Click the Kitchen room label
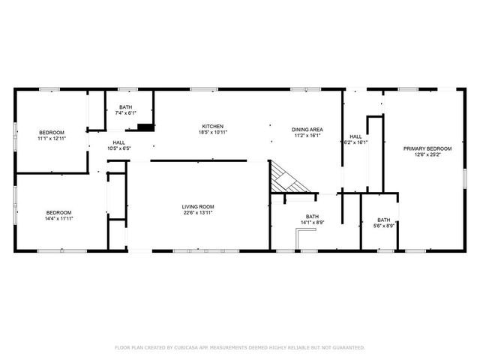coord(212,126)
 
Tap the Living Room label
coord(198,207)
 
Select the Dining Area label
coord(306,130)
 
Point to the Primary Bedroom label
coord(422,148)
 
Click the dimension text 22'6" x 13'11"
coord(198,213)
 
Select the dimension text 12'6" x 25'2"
coord(422,155)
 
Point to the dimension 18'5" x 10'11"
coord(212,132)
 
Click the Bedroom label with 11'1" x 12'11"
coord(52,133)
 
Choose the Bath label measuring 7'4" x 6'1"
coord(125,107)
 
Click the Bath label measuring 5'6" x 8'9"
coord(383,220)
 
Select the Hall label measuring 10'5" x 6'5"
coord(119,142)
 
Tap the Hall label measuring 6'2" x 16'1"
coord(355,136)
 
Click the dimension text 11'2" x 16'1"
coord(306,136)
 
